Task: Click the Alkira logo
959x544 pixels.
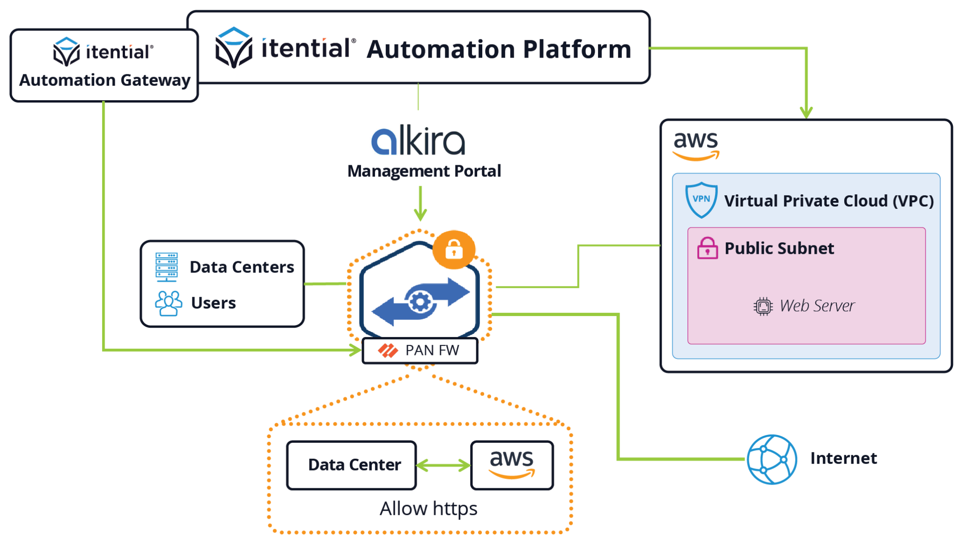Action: pos(418,140)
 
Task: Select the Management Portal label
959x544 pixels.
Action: pos(424,171)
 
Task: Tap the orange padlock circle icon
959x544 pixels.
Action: pos(454,249)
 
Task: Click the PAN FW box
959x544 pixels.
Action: pos(420,350)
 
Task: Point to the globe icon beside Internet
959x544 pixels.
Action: pos(772,459)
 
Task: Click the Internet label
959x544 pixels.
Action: pos(843,458)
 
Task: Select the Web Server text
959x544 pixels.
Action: pos(817,306)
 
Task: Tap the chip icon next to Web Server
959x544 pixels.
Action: pos(763,307)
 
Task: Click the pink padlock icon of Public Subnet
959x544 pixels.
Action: pos(707,248)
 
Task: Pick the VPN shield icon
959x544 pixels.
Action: pos(701,200)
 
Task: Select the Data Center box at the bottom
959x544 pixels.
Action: pos(352,465)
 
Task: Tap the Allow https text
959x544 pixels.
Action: pos(428,509)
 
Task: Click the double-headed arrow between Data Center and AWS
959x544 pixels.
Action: pos(443,465)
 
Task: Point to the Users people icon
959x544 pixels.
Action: pos(168,303)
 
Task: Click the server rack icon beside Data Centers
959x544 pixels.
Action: pos(167,267)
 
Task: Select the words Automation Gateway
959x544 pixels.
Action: pos(105,81)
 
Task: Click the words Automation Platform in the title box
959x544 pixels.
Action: pos(499,50)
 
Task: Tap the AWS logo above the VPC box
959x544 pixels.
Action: pos(696,145)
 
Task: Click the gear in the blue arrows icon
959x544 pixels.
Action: pos(420,302)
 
